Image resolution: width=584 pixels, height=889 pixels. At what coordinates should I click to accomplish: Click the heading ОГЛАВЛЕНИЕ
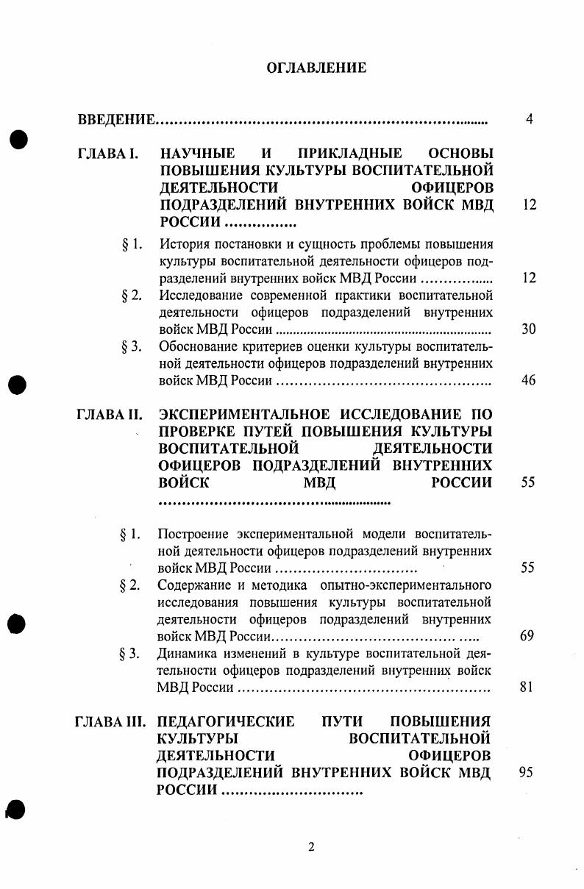coord(316,68)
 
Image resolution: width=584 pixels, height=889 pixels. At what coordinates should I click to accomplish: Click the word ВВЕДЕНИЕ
coord(116,119)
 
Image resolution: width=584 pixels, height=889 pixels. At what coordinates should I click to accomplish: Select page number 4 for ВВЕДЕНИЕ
coord(529,119)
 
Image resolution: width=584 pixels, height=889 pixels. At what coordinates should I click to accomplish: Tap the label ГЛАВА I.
coord(108,154)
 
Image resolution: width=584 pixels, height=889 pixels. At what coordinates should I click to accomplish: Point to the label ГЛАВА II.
coord(109,415)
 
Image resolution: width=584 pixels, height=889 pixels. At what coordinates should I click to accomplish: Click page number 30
coord(528,329)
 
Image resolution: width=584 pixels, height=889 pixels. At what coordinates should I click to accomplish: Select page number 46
coord(528,380)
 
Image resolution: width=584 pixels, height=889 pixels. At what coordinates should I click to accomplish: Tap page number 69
coord(527,636)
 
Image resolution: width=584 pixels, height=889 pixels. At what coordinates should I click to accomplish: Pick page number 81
coord(526,688)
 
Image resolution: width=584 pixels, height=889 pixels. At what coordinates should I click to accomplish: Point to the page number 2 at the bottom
coord(311,846)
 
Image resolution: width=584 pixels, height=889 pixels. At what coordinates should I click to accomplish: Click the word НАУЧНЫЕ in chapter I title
coord(197,154)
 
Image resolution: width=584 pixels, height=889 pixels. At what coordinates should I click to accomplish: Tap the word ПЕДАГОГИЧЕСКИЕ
coord(226,722)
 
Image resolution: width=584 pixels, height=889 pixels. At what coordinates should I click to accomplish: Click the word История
coord(183,244)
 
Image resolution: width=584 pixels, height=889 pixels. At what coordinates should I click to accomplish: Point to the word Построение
coord(193,534)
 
